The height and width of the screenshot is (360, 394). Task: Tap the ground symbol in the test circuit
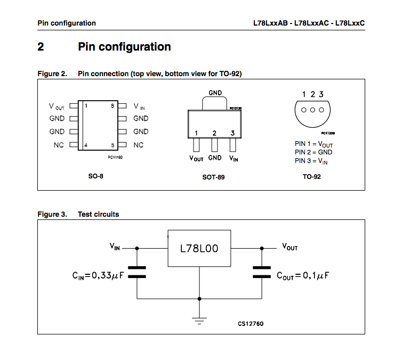(199, 321)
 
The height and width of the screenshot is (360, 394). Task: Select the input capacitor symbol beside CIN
(137, 272)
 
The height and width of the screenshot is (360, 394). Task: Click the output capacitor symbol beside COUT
(262, 272)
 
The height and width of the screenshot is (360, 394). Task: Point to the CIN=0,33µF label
(98, 276)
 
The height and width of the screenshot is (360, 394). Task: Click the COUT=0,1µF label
(303, 276)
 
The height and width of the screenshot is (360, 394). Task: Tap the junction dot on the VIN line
(137, 248)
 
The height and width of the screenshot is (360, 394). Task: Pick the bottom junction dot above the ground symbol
(199, 299)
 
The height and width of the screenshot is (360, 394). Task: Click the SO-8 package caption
(96, 176)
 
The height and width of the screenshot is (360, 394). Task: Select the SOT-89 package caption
(213, 177)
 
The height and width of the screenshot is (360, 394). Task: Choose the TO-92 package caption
(312, 177)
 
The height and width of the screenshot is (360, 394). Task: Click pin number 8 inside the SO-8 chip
(112, 105)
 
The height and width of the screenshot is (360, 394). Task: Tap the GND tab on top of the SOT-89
(214, 103)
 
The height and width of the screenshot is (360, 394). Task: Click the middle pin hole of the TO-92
(312, 110)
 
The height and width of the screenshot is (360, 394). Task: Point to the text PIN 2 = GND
(313, 152)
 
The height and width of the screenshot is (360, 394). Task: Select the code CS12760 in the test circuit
(251, 324)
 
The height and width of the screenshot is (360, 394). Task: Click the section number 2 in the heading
(41, 47)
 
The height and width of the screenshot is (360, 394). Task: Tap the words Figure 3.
(52, 214)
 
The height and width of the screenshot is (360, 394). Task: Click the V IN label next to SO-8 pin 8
(139, 107)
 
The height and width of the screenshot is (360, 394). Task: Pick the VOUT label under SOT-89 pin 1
(196, 158)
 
